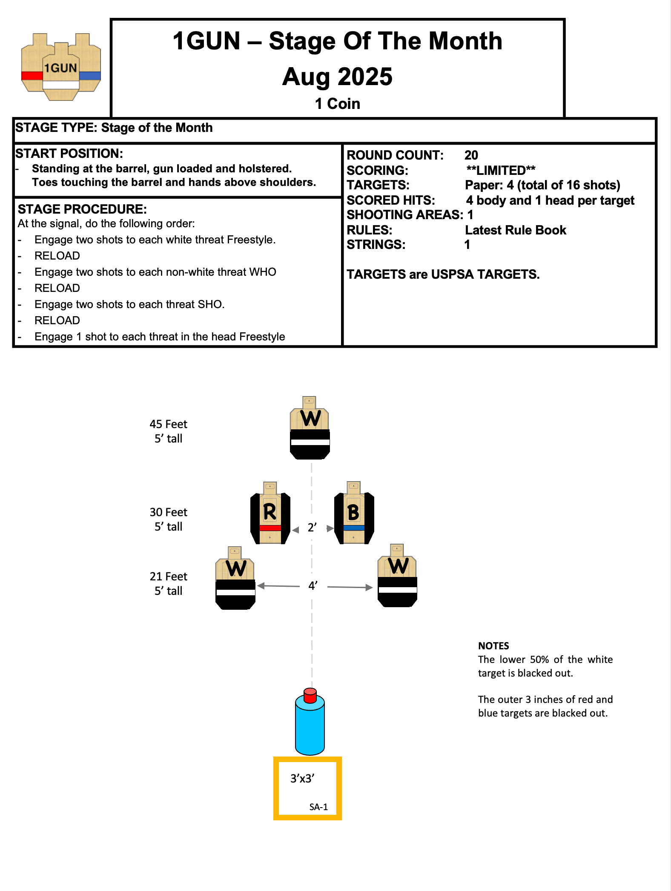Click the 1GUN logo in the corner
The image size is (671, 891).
(61, 67)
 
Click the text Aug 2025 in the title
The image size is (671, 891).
(337, 77)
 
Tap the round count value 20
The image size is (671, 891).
(471, 155)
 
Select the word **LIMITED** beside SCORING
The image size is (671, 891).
(501, 170)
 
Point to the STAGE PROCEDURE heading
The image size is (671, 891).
(82, 209)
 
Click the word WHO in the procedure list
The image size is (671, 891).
(263, 272)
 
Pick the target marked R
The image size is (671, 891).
(270, 513)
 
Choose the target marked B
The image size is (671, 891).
(354, 513)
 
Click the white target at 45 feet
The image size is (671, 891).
(310, 428)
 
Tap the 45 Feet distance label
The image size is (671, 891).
(168, 424)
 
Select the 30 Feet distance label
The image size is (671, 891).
(168, 512)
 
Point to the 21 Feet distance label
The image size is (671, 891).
(168, 577)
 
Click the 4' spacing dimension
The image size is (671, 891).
(313, 586)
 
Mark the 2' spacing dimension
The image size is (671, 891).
(312, 528)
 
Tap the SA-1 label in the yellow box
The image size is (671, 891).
(318, 807)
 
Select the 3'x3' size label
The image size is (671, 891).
(302, 778)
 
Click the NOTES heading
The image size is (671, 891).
(493, 646)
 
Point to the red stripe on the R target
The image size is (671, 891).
(270, 528)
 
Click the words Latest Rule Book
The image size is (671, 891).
(515, 230)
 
